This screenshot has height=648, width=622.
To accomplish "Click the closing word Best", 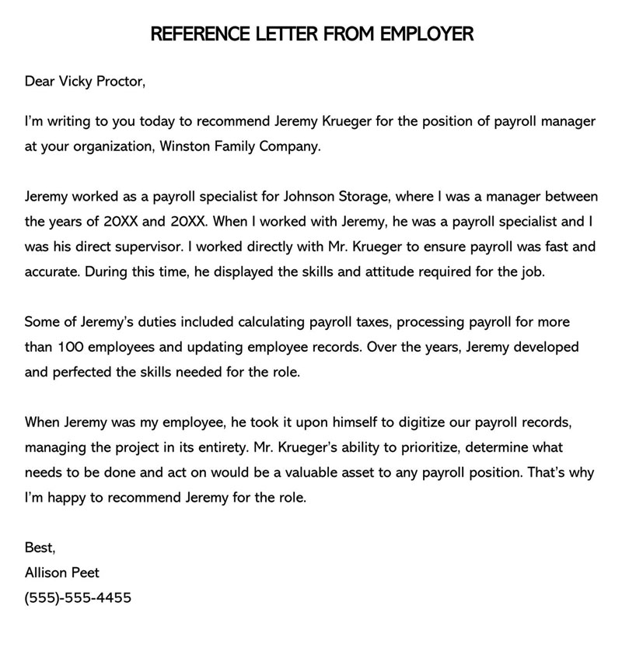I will [x=40, y=548].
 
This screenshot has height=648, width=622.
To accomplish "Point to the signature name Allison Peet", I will [x=62, y=573].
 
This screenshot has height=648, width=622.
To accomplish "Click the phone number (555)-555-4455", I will [x=78, y=598].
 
